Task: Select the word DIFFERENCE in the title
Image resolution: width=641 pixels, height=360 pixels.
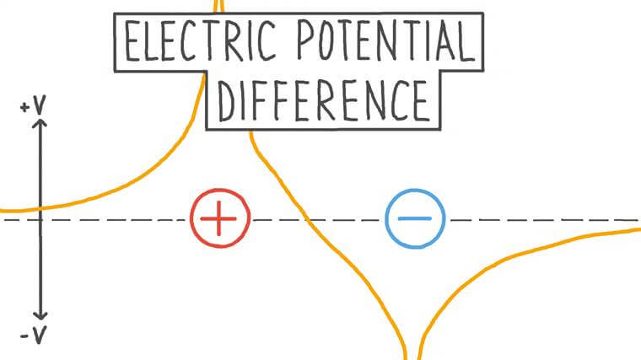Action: [x=323, y=100]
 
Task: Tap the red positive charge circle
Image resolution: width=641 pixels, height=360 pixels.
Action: [x=220, y=218]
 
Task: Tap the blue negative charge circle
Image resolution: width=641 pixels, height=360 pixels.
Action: [x=414, y=218]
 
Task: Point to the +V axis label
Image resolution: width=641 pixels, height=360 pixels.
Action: [x=33, y=108]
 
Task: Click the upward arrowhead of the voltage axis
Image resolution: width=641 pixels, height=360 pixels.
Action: [x=40, y=123]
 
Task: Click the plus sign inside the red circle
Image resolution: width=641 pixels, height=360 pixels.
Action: [x=220, y=218]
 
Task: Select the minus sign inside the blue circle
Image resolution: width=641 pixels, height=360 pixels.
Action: [x=414, y=218]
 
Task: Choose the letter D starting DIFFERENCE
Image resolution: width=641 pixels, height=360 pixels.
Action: [x=225, y=100]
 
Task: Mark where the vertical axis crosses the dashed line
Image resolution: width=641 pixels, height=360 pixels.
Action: [x=40, y=219]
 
